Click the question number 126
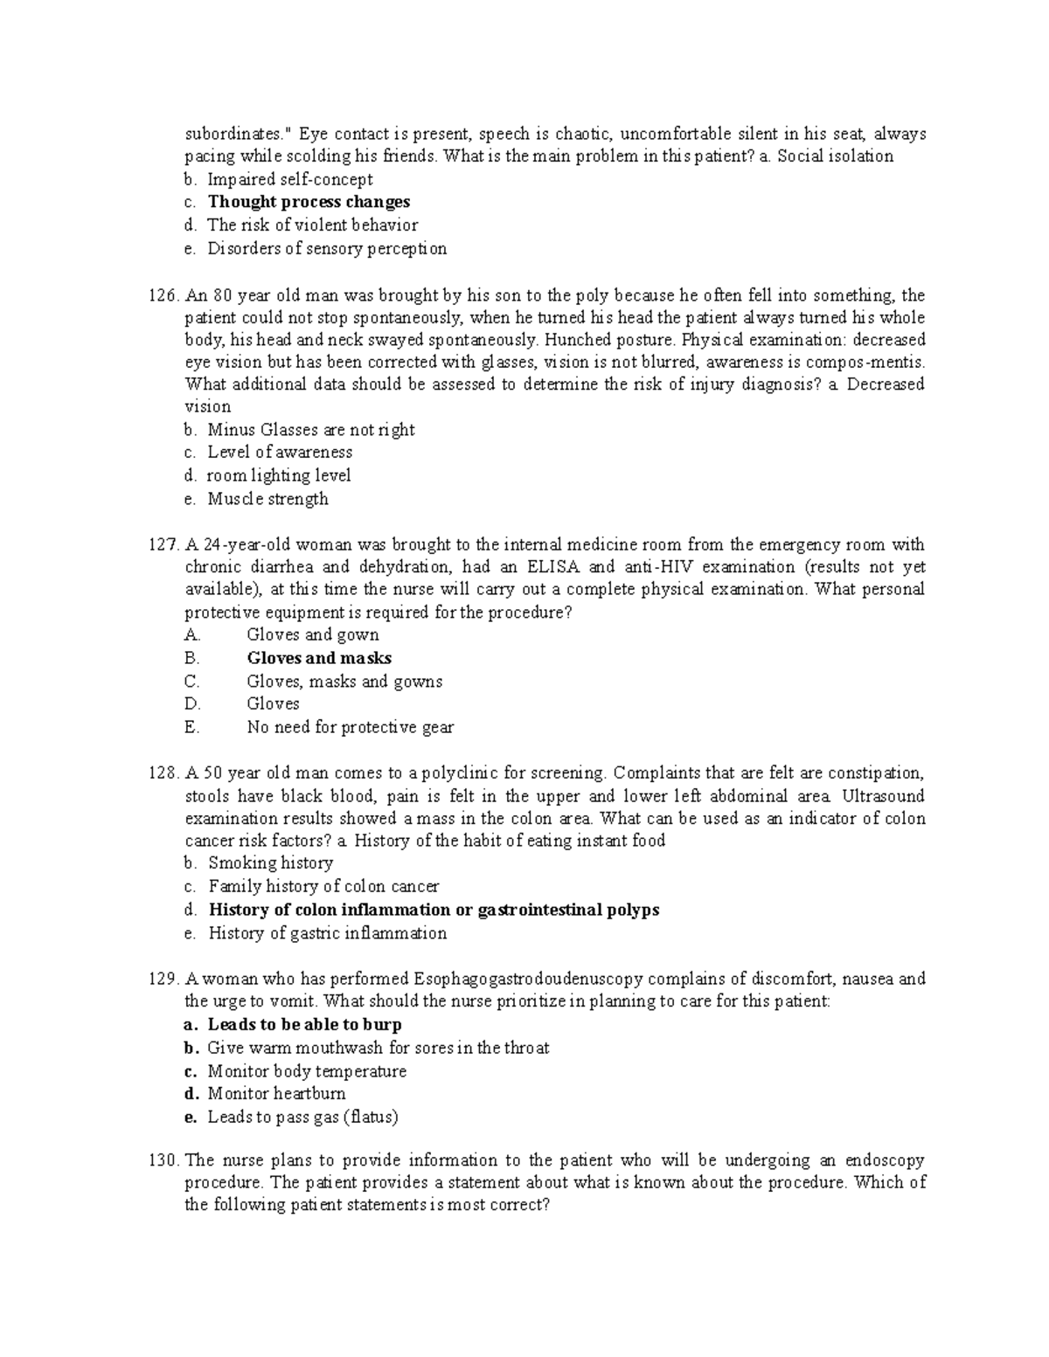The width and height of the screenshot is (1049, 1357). (x=163, y=295)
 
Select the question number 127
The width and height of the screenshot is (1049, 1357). (x=163, y=544)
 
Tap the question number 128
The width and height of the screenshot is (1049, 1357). (x=163, y=773)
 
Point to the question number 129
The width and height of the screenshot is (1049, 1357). (x=163, y=980)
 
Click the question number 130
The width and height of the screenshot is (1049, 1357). (x=163, y=1161)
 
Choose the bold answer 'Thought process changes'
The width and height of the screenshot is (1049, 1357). (x=309, y=202)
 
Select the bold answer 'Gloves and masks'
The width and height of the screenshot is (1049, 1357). (x=319, y=659)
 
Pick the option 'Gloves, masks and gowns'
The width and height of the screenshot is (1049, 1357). (x=344, y=682)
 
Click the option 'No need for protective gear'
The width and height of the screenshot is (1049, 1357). (x=350, y=727)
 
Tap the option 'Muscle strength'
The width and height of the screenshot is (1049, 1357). (x=267, y=499)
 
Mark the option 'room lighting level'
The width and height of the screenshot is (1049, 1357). (x=279, y=476)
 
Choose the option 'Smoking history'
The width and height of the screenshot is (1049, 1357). (x=270, y=863)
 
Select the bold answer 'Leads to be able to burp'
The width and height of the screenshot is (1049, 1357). (x=304, y=1025)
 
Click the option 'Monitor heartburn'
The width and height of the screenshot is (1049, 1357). (x=276, y=1094)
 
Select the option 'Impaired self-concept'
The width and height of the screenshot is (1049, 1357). (x=290, y=180)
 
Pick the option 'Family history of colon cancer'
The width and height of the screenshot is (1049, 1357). (x=323, y=887)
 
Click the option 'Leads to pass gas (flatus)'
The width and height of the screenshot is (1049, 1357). (x=302, y=1117)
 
